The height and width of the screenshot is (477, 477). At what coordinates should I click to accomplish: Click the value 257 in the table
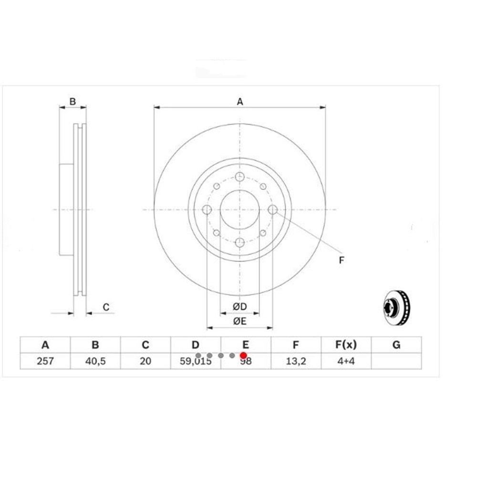click(x=45, y=361)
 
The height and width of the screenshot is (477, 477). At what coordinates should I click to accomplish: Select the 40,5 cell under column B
click(x=95, y=361)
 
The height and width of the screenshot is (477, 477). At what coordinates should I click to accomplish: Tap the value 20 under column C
click(x=145, y=361)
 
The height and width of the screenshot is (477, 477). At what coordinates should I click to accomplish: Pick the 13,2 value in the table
click(x=296, y=361)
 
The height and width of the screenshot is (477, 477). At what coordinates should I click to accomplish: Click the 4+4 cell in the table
click(x=346, y=361)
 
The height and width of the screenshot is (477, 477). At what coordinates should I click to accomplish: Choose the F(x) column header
click(x=346, y=345)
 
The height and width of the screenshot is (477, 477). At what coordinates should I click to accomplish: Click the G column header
click(x=396, y=345)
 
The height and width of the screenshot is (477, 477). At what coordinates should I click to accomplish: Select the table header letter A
click(x=45, y=345)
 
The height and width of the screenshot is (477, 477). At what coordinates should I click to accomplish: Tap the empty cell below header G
click(x=396, y=361)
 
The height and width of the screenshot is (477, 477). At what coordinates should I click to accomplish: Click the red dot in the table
click(x=243, y=356)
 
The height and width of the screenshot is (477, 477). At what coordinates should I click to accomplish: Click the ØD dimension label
click(x=239, y=306)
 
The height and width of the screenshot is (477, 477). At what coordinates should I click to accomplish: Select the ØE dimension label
click(x=239, y=321)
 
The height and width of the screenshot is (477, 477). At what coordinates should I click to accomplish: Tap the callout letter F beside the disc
click(x=341, y=260)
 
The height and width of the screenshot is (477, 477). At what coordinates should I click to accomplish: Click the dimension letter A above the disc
click(x=240, y=101)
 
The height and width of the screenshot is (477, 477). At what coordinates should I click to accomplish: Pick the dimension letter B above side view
click(x=73, y=101)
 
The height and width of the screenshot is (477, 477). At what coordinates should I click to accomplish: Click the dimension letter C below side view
click(x=106, y=307)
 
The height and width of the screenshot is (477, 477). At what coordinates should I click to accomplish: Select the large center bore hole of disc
click(x=239, y=209)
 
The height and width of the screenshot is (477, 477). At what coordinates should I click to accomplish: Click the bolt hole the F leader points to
click(x=272, y=209)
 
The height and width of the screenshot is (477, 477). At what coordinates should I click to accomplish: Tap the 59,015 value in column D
click(x=196, y=361)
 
